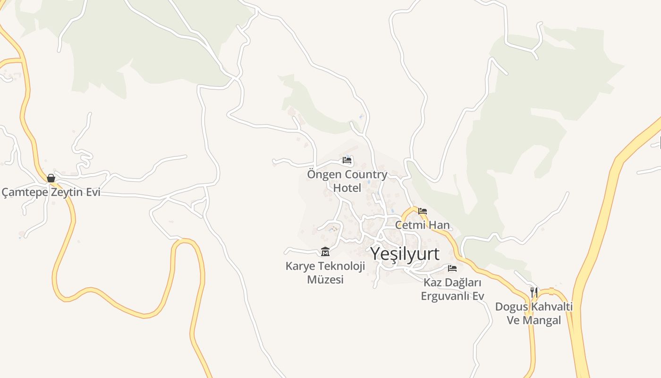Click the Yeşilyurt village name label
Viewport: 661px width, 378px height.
click(x=405, y=254)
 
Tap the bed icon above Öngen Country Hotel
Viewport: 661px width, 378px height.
click(x=347, y=160)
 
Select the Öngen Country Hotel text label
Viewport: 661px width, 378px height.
click(x=347, y=181)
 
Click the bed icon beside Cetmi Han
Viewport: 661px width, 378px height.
click(x=423, y=211)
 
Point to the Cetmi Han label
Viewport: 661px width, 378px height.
click(x=422, y=225)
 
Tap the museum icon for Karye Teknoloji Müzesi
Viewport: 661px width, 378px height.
click(x=325, y=251)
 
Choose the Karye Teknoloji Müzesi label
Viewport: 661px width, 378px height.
click(x=325, y=273)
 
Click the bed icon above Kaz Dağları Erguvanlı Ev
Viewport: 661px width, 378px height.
click(x=452, y=268)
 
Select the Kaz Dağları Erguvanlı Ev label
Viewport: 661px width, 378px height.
click(x=452, y=289)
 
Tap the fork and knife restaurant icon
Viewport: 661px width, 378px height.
click(x=534, y=292)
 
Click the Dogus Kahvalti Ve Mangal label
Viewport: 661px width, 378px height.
click(x=534, y=313)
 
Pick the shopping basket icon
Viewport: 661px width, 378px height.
click(x=51, y=178)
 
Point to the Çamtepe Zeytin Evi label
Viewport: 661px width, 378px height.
click(x=51, y=192)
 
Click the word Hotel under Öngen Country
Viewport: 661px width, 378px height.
click(x=347, y=188)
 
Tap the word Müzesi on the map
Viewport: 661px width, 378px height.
click(x=325, y=280)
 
